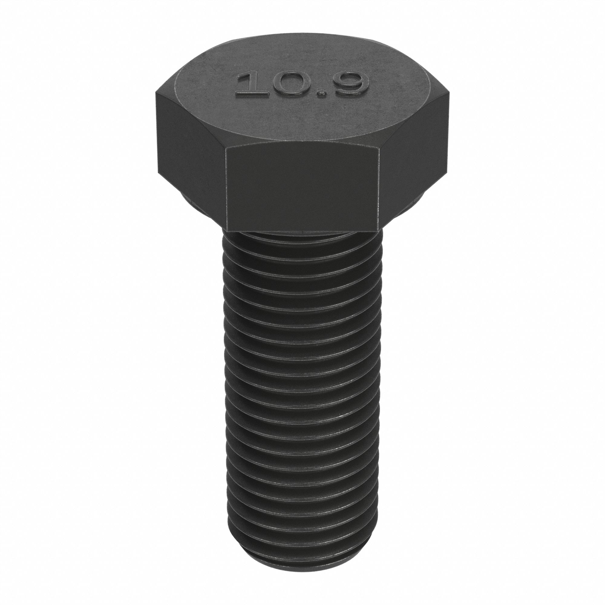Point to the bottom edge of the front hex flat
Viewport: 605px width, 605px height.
click(302, 231)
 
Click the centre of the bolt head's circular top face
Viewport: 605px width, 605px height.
click(302, 94)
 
